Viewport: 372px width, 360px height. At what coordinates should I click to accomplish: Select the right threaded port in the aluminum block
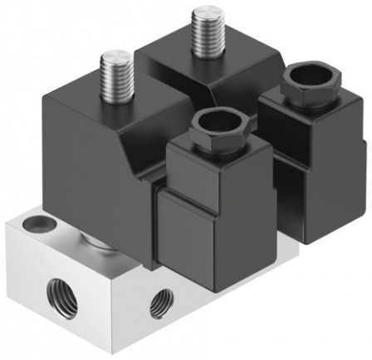point(162,304)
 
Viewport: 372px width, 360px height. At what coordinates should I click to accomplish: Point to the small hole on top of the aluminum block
point(36,222)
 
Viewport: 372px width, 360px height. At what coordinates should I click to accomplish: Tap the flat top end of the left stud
point(116,58)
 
